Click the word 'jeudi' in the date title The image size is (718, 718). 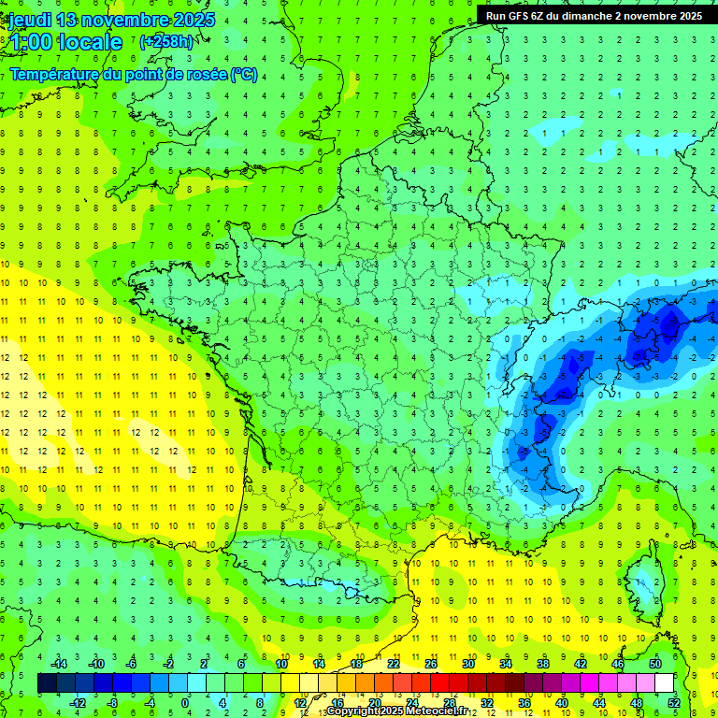tap(30, 20)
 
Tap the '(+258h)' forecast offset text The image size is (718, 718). tap(167, 42)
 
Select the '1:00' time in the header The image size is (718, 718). tap(29, 42)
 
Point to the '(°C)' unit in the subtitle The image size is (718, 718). tap(244, 75)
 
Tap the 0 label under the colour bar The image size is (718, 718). tap(185, 702)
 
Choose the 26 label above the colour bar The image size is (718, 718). tap(431, 664)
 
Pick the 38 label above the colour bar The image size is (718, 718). tap(542, 664)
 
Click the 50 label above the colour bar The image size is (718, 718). tap(654, 664)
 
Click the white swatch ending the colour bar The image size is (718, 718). tap(665, 683)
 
